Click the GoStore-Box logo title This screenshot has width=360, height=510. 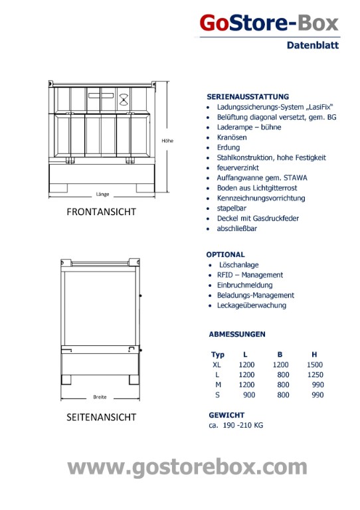(269, 23)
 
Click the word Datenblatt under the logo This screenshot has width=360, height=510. (313, 45)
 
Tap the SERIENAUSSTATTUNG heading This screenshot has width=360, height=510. (248, 96)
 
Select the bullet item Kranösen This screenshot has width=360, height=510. (232, 137)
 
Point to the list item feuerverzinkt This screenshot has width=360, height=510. (238, 167)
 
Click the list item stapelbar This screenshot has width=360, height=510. (232, 208)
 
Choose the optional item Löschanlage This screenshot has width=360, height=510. (238, 265)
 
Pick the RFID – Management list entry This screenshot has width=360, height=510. (250, 275)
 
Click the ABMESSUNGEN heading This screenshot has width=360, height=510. (237, 334)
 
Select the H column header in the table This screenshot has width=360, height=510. (314, 355)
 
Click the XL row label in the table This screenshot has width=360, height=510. (217, 365)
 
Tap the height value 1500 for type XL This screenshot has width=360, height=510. (315, 365)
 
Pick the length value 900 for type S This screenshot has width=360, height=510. (249, 395)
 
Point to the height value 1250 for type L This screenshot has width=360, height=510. (315, 375)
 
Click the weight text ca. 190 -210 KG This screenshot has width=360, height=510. (236, 425)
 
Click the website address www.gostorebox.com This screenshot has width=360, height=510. (187, 467)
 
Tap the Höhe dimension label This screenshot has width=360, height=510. (167, 141)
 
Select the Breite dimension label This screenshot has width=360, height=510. (100, 397)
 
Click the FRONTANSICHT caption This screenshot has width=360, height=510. (101, 212)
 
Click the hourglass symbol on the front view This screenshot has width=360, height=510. (124, 99)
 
